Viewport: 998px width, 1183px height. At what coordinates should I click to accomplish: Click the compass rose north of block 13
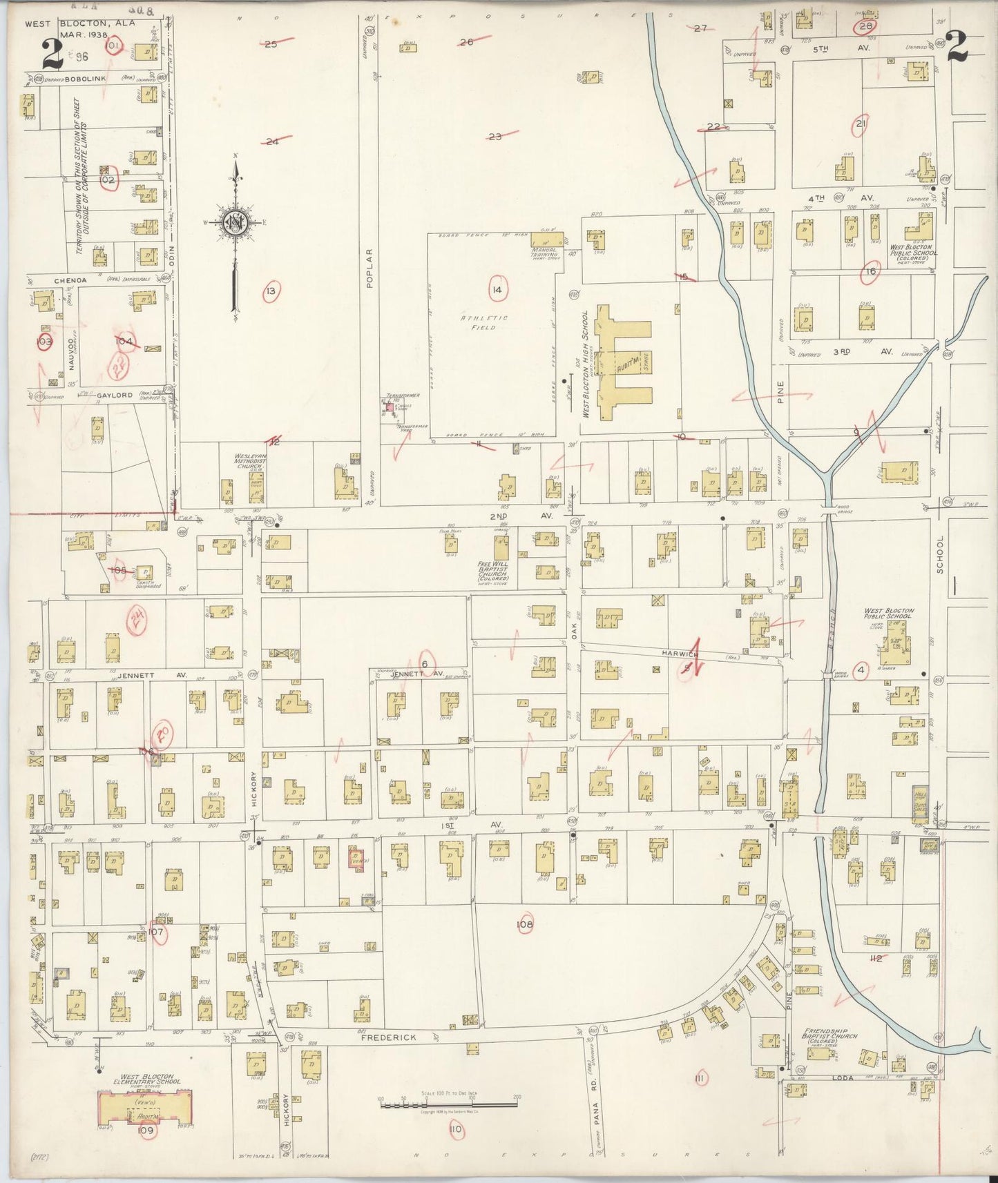coord(235,222)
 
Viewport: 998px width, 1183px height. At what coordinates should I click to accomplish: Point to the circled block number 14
coord(496,290)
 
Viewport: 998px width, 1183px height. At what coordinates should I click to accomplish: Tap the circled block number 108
coord(524,924)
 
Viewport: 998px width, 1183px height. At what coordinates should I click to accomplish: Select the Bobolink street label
coord(83,79)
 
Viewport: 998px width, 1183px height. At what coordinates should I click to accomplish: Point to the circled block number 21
coord(861,124)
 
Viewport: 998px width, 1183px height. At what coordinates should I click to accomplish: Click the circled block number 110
coord(455,1129)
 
